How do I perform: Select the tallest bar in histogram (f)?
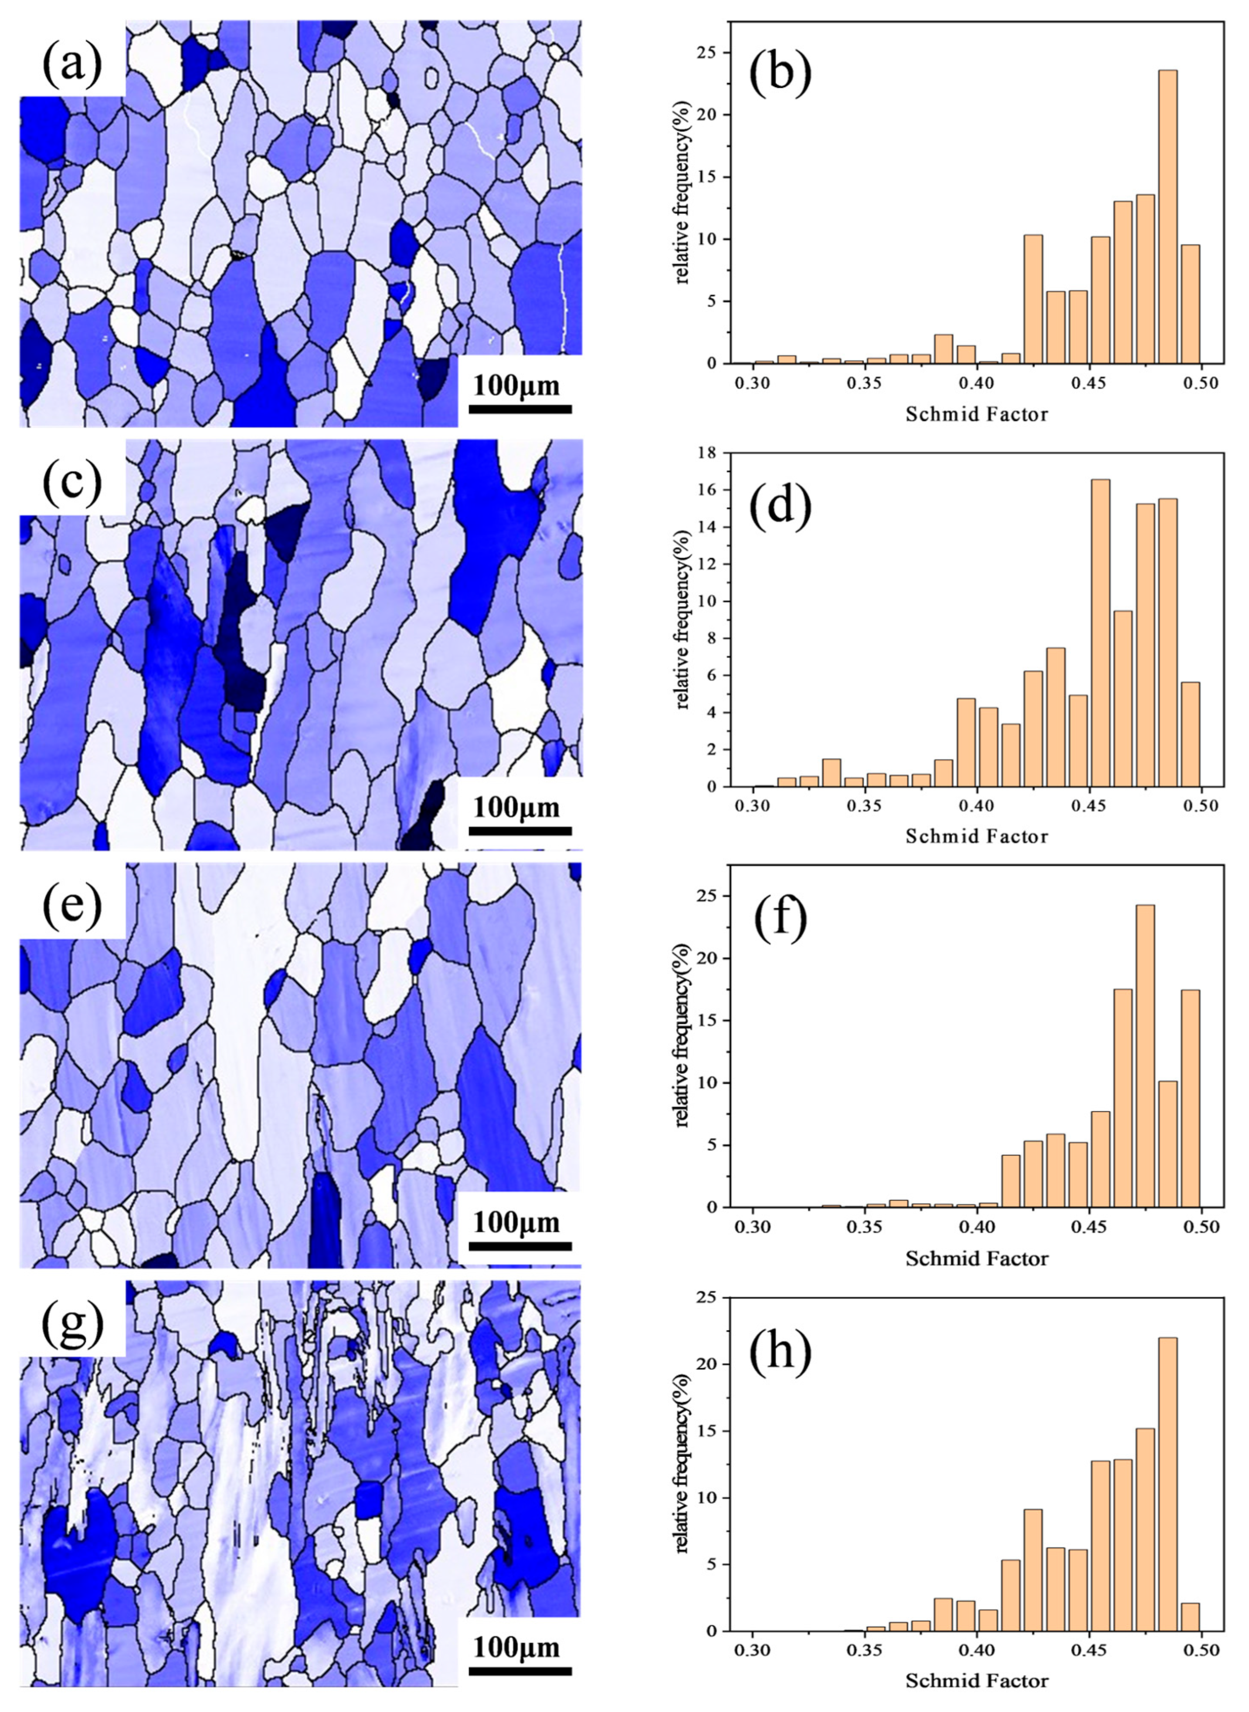pos(1145,1066)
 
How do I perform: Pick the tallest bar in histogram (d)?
pos(1101,635)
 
